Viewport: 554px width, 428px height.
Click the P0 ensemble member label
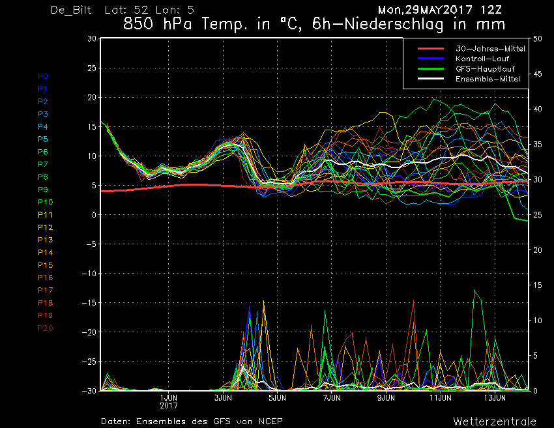click(x=43, y=76)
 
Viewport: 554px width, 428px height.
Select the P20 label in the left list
click(x=46, y=328)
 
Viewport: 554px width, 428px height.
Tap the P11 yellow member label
click(x=46, y=215)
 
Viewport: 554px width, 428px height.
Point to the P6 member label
click(x=43, y=152)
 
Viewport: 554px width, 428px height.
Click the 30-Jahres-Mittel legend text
click(x=490, y=49)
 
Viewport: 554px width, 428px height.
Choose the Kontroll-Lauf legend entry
click(x=482, y=59)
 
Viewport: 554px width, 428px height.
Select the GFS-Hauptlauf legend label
click(x=485, y=69)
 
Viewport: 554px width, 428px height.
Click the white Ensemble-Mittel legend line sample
click(x=431, y=79)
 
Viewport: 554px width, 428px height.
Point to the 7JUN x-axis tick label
click(x=332, y=398)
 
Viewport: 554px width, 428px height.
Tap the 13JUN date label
click(x=495, y=398)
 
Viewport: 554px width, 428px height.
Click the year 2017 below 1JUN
click(x=169, y=406)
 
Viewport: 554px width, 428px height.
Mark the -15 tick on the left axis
click(x=89, y=303)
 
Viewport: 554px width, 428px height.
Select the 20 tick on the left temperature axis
click(x=92, y=97)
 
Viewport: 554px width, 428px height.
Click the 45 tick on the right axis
click(x=538, y=74)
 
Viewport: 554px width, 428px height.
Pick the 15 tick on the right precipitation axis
click(x=538, y=285)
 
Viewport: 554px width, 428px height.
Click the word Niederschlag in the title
click(x=394, y=24)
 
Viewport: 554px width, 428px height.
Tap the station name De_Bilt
click(x=71, y=10)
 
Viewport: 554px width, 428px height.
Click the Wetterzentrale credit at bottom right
click(x=495, y=421)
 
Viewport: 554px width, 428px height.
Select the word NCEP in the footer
click(x=270, y=421)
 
